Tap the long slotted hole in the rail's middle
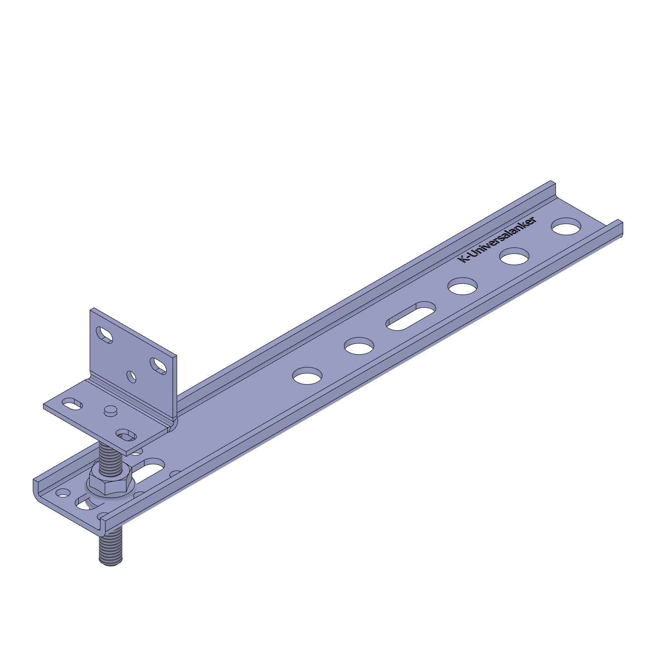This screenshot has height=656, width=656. click(x=411, y=315)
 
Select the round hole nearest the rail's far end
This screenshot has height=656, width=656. click(x=566, y=227)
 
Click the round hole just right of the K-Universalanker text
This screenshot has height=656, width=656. click(x=515, y=256)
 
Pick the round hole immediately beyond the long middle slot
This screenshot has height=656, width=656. click(x=463, y=286)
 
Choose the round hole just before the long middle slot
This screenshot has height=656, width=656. click(x=359, y=345)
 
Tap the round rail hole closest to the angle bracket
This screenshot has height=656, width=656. click(x=307, y=376)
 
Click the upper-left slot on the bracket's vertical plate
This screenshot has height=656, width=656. click(x=105, y=335)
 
